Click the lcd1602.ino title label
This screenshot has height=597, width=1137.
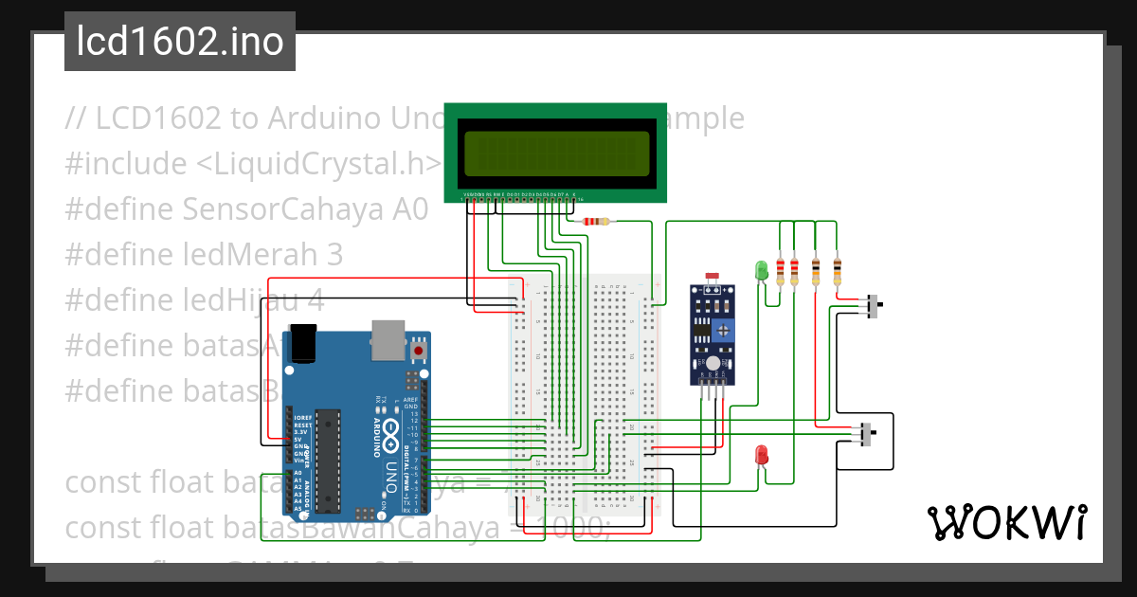click(x=180, y=43)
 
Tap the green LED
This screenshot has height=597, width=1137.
click(x=760, y=270)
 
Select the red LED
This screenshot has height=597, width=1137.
click(x=761, y=455)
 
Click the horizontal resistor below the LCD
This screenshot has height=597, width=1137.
click(x=595, y=222)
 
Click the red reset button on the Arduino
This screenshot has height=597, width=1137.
click(x=419, y=351)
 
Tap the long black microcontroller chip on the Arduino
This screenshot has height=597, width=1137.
click(x=327, y=455)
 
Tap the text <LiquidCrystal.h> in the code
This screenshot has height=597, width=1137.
click(x=319, y=164)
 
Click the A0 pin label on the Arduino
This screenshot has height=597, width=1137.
click(x=298, y=473)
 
